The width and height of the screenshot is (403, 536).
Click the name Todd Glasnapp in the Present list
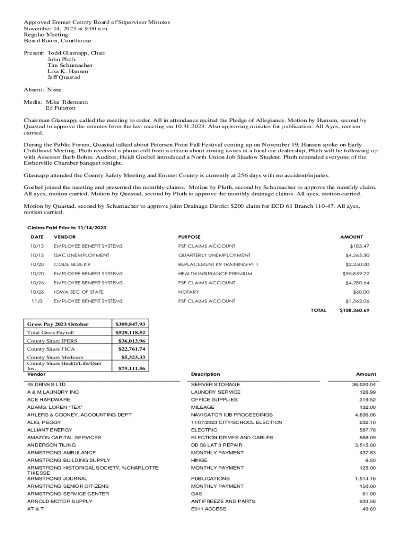point(69,53)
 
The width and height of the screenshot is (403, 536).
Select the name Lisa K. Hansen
point(68,71)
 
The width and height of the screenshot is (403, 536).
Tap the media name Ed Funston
point(61,108)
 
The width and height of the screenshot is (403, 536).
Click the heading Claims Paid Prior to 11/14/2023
point(66,228)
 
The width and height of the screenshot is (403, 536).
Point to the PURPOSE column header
point(189,237)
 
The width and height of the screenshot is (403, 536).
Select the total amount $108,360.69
point(354,310)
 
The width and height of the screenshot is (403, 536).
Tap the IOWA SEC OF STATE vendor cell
point(79,292)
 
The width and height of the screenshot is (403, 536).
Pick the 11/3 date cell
point(37,301)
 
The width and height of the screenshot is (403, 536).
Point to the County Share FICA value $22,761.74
point(131,349)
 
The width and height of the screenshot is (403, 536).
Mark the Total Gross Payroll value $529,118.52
point(130,332)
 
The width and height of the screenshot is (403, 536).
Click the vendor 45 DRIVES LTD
point(47,385)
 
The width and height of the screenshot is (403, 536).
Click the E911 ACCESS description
point(209,509)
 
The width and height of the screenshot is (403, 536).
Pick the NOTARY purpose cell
point(188,292)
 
